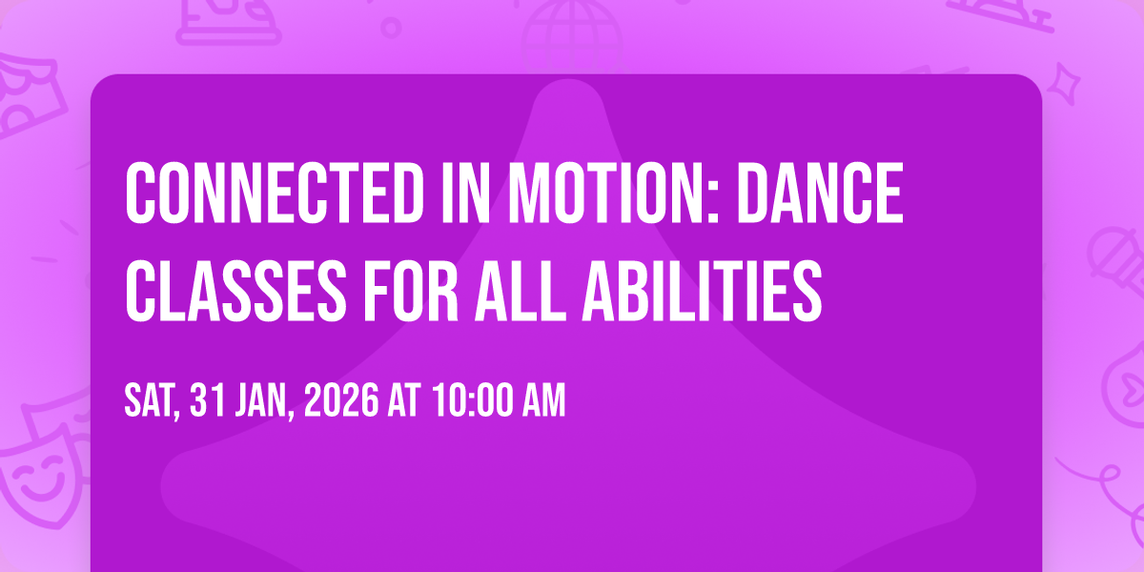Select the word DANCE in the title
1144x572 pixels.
click(x=820, y=193)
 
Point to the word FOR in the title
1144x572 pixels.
click(x=411, y=291)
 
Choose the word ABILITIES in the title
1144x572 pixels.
click(x=703, y=291)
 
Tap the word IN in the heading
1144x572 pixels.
click(x=466, y=193)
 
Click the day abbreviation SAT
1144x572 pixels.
click(x=152, y=401)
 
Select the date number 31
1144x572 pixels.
click(x=208, y=400)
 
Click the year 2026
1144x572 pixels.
click(x=341, y=400)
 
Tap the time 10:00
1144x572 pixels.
click(x=473, y=400)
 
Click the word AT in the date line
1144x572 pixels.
click(x=404, y=400)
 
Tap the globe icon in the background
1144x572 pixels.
click(x=572, y=31)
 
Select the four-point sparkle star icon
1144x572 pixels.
click(x=1064, y=83)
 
